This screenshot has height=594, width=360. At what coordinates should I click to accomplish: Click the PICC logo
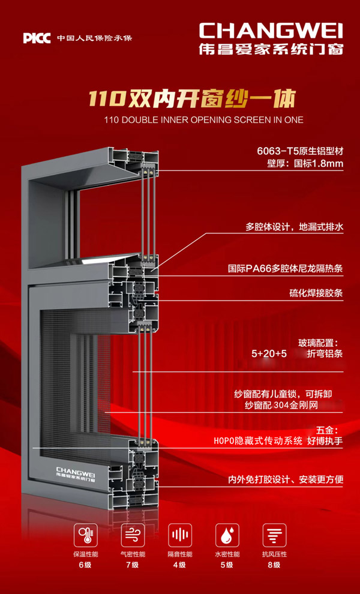point(37,38)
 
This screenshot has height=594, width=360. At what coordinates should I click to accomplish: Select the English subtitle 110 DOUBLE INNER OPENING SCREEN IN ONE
point(203,119)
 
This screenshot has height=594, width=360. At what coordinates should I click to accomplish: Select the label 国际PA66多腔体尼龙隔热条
point(286,269)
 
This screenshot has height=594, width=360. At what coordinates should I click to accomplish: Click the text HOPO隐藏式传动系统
point(258,441)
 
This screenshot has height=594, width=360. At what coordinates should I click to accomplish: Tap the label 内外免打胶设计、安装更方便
point(285,479)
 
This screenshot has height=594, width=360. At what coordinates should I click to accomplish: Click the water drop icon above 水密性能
point(227,534)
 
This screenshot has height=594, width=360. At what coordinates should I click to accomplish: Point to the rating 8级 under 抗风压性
point(274,565)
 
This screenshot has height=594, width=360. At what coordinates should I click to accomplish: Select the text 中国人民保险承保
point(94,38)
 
